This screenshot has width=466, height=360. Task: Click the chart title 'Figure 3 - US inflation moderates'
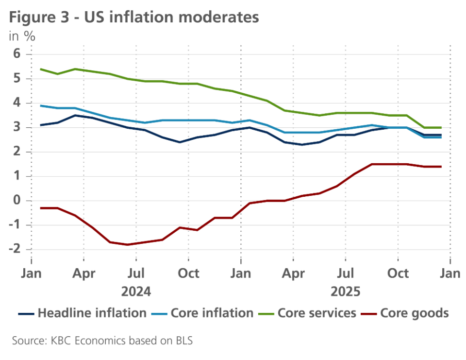[x=134, y=17]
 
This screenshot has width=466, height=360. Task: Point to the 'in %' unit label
[x=22, y=36]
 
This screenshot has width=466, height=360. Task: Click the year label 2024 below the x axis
[x=136, y=292]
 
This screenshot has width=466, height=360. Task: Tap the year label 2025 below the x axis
[x=345, y=292]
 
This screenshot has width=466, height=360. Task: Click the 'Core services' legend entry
[x=311, y=313]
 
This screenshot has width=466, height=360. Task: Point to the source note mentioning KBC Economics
[x=102, y=341]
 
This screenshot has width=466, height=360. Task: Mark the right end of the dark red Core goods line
[x=441, y=167]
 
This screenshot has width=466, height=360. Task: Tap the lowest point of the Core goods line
[x=127, y=245]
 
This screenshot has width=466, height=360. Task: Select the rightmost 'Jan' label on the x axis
[x=449, y=274]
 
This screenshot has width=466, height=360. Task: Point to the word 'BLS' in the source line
[x=182, y=341]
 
